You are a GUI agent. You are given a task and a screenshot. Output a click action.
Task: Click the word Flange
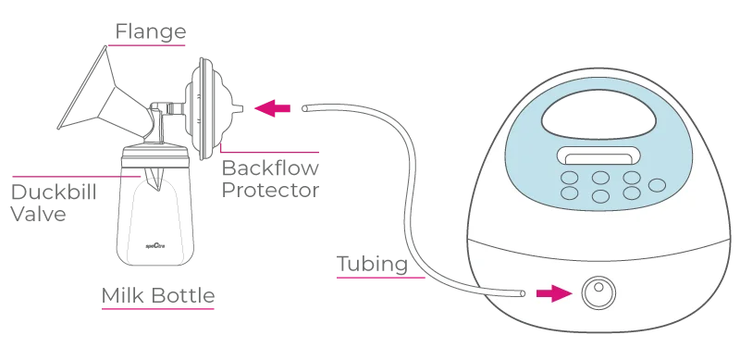pyautogui.click(x=151, y=32)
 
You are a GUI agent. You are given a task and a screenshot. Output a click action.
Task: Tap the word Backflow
pyautogui.click(x=270, y=168)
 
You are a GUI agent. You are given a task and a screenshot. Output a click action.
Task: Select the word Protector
pyautogui.click(x=270, y=191)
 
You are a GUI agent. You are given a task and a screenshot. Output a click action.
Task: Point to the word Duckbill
pyautogui.click(x=54, y=192)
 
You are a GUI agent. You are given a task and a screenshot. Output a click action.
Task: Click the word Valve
pyautogui.click(x=38, y=214)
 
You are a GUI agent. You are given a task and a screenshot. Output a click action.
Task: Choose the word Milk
pyautogui.click(x=123, y=296)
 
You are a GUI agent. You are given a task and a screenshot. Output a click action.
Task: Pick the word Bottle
pyautogui.click(x=183, y=296)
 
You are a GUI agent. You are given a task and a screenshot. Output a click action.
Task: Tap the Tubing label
pyautogui.click(x=373, y=265)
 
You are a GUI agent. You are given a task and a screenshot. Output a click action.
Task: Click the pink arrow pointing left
pyautogui.click(x=272, y=108)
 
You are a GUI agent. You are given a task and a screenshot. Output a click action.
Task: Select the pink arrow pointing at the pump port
pyautogui.click(x=554, y=293)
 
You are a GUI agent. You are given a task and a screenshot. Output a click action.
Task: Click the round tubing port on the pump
pyautogui.click(x=598, y=293)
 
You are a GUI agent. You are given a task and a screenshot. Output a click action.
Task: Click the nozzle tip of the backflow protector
pyautogui.click(x=240, y=109)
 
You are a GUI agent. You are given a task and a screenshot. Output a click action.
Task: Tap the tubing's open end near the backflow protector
pyautogui.click(x=305, y=108)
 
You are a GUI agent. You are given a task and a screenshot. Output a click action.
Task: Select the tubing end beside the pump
pyautogui.click(x=523, y=293)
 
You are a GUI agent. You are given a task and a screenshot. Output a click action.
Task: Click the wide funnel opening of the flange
pyautogui.click(x=81, y=87)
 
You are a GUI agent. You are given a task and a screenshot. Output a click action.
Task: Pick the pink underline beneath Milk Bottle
pyautogui.click(x=158, y=309)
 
